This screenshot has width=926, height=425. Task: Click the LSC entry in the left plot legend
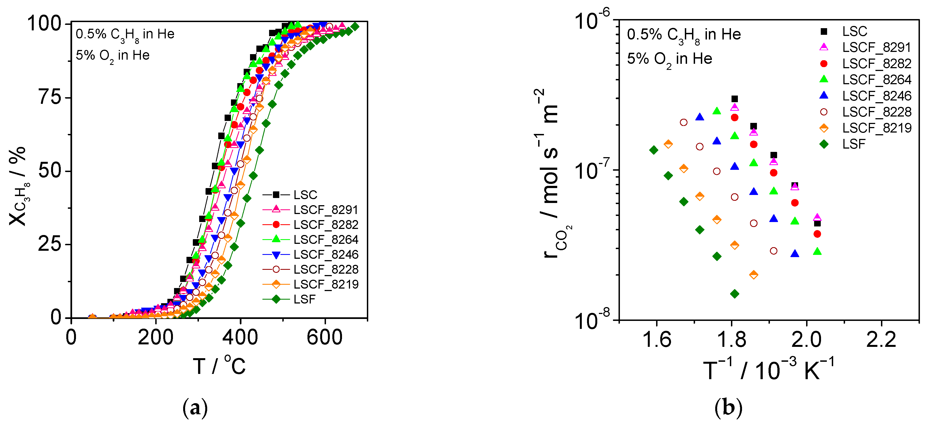[305, 195]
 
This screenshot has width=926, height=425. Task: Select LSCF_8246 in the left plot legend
[326, 254]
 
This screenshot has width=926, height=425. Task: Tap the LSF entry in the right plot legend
[853, 144]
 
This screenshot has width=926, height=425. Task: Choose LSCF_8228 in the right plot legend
[876, 112]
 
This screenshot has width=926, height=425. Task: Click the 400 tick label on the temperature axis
[240, 338]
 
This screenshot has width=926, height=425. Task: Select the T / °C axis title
[219, 366]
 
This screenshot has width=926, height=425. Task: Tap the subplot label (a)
[195, 408]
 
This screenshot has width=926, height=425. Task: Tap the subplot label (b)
[728, 408]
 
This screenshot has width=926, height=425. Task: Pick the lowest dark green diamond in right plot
[735, 294]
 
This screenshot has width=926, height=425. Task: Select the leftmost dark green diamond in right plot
[654, 150]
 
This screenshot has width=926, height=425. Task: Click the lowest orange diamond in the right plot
[754, 275]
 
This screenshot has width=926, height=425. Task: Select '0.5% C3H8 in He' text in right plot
[684, 35]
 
